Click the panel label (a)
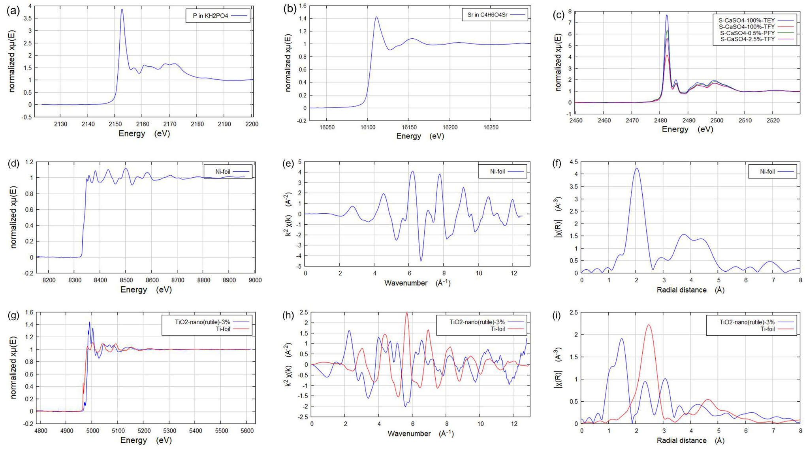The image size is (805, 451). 13,11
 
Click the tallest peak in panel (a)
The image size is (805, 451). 122,9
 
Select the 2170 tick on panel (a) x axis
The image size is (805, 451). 170,124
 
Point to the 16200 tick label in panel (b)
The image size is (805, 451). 450,127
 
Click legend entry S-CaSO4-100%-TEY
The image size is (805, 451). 747,20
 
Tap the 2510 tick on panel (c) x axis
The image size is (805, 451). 745,120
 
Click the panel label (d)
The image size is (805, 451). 13,163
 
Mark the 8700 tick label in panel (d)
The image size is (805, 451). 178,280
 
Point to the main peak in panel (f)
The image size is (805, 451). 636,169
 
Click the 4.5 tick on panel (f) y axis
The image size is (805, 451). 573,162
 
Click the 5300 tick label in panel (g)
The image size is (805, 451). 170,430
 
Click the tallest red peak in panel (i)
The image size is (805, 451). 649,325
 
